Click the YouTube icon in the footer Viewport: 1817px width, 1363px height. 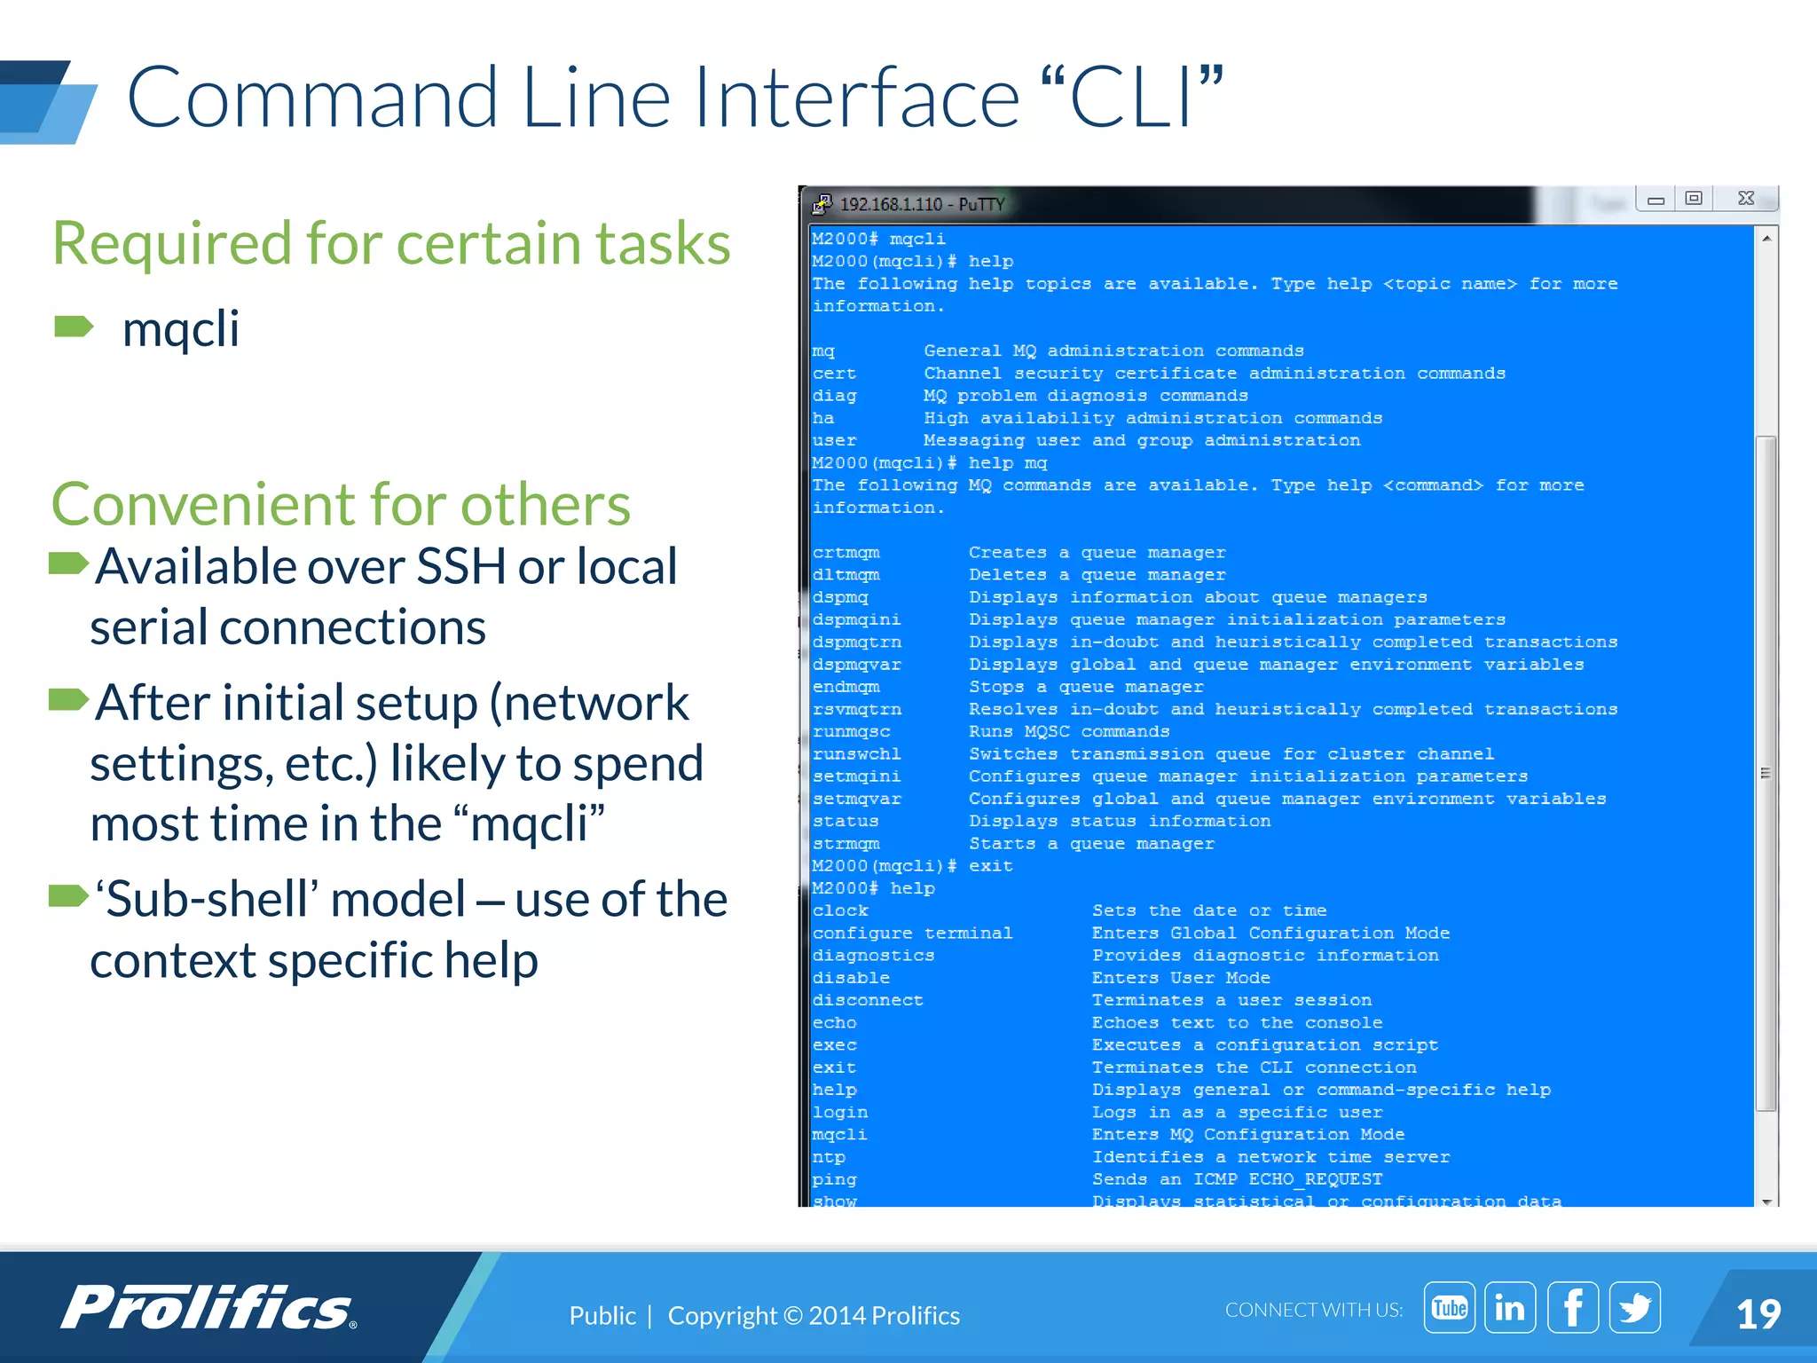tap(1449, 1307)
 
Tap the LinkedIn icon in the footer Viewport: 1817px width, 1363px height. tap(1510, 1307)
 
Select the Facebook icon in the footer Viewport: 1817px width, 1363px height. tap(1572, 1307)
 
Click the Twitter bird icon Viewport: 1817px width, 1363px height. tap(1634, 1307)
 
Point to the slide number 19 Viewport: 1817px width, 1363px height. tap(1758, 1314)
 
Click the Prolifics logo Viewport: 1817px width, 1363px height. tap(209, 1307)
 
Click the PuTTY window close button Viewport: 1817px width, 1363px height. tap(1745, 199)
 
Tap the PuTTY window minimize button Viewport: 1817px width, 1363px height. tap(1656, 200)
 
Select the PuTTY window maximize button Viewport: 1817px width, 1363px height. tap(1694, 199)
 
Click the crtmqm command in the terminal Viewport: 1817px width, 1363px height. tap(846, 553)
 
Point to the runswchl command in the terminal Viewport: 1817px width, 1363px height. tap(856, 754)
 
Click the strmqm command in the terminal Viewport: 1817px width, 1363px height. tap(846, 844)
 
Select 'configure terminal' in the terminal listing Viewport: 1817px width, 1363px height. tap(912, 934)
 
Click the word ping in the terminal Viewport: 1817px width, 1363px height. tap(834, 1180)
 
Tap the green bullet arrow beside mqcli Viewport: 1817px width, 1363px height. tap(74, 327)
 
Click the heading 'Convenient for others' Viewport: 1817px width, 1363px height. tap(341, 504)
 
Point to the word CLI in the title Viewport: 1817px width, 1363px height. tap(1132, 98)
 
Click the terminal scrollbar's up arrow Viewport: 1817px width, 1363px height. tap(1766, 239)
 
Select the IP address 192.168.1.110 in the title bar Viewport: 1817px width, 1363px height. tap(890, 205)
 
